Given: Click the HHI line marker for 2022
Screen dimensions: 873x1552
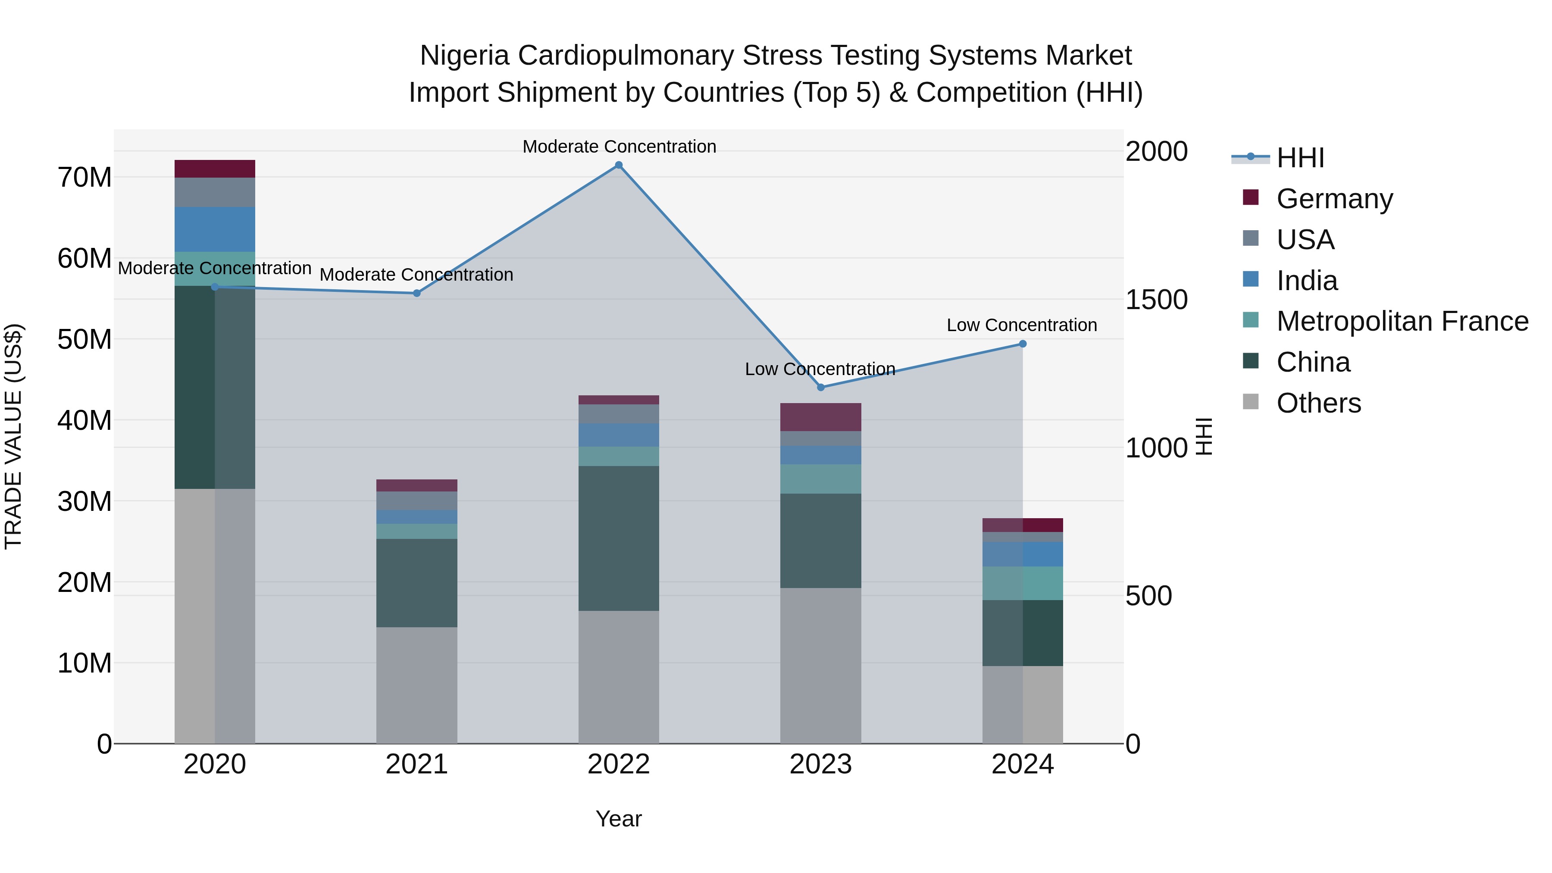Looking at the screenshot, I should [x=618, y=165].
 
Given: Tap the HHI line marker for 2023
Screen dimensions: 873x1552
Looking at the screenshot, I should [x=820, y=388].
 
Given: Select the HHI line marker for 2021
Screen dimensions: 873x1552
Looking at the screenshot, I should [x=416, y=294].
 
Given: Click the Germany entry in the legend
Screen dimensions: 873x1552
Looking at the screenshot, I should [x=1334, y=199].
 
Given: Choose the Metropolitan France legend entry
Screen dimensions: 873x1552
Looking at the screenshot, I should [x=1402, y=321].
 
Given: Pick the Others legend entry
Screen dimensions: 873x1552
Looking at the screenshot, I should [x=1318, y=403].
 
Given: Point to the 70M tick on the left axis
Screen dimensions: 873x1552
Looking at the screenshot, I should [x=84, y=178].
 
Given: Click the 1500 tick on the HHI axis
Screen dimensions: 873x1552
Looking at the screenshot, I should [x=1156, y=300].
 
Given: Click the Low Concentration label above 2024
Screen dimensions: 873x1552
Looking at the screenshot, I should [x=1021, y=325].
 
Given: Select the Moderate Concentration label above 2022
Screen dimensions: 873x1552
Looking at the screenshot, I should [x=619, y=147].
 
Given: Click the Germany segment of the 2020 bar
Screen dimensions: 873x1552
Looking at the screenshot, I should [x=215, y=169].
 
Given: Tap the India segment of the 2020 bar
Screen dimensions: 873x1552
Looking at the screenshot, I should [x=215, y=229].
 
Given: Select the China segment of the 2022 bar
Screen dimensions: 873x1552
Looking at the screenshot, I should [x=618, y=538].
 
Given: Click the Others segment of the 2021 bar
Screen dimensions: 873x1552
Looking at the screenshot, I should [x=416, y=685].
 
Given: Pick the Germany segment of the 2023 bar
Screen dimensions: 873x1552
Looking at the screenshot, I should [x=820, y=417].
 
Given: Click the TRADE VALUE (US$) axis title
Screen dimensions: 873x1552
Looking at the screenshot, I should [x=13, y=436].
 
